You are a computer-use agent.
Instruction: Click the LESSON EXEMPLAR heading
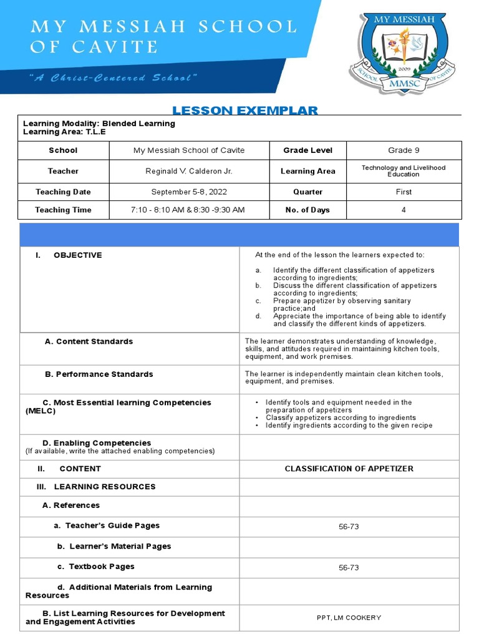[x=244, y=110]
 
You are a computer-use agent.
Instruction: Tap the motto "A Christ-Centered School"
[x=113, y=77]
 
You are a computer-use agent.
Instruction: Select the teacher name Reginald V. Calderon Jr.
[x=189, y=171]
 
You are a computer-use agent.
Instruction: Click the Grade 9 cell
[x=404, y=150]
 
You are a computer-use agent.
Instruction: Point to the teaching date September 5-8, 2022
[x=189, y=192]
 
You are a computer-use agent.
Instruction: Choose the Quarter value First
[x=404, y=192]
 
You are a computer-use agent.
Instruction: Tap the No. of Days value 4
[x=404, y=210]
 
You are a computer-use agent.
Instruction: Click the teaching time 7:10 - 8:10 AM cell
[x=189, y=210]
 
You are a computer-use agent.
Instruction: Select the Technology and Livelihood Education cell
[x=404, y=171]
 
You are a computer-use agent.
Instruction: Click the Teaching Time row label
[x=63, y=210]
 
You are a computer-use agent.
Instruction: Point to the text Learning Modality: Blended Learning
[x=99, y=124]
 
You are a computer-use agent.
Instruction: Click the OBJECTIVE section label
[x=77, y=255]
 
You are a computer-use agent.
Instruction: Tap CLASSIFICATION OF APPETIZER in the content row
[x=349, y=469]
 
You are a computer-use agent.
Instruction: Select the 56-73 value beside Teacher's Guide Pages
[x=349, y=527]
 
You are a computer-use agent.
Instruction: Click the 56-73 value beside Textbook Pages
[x=349, y=568]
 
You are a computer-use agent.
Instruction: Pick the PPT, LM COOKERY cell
[x=349, y=618]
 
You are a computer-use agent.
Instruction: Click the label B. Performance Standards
[x=99, y=374]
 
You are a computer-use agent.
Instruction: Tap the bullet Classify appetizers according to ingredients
[x=341, y=418]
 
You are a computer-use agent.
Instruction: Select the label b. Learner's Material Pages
[x=114, y=547]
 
